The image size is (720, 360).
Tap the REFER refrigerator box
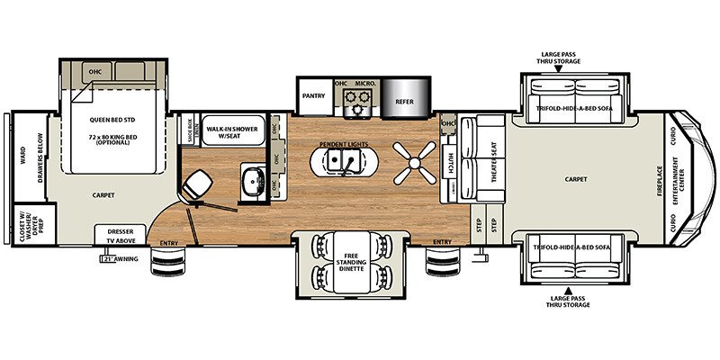(x=405, y=101)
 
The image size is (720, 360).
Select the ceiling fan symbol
(x=413, y=163)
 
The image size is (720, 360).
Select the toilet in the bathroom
(x=197, y=184)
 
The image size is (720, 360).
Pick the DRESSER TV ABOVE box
(x=120, y=235)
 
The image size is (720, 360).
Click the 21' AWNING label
(x=120, y=259)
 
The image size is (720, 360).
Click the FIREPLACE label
(x=658, y=179)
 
